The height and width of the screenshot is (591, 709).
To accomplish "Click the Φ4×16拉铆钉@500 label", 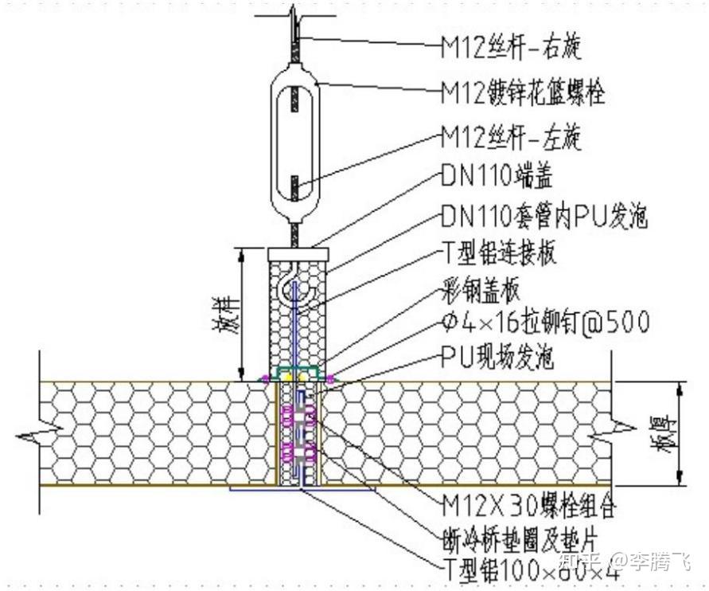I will pyautogui.click(x=545, y=323).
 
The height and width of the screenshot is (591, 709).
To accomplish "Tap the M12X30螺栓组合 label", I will pyautogui.click(x=529, y=505).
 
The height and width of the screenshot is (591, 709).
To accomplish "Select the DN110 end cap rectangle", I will pyautogui.click(x=298, y=252).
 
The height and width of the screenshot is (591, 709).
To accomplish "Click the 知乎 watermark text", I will pyautogui.click(x=584, y=562).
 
